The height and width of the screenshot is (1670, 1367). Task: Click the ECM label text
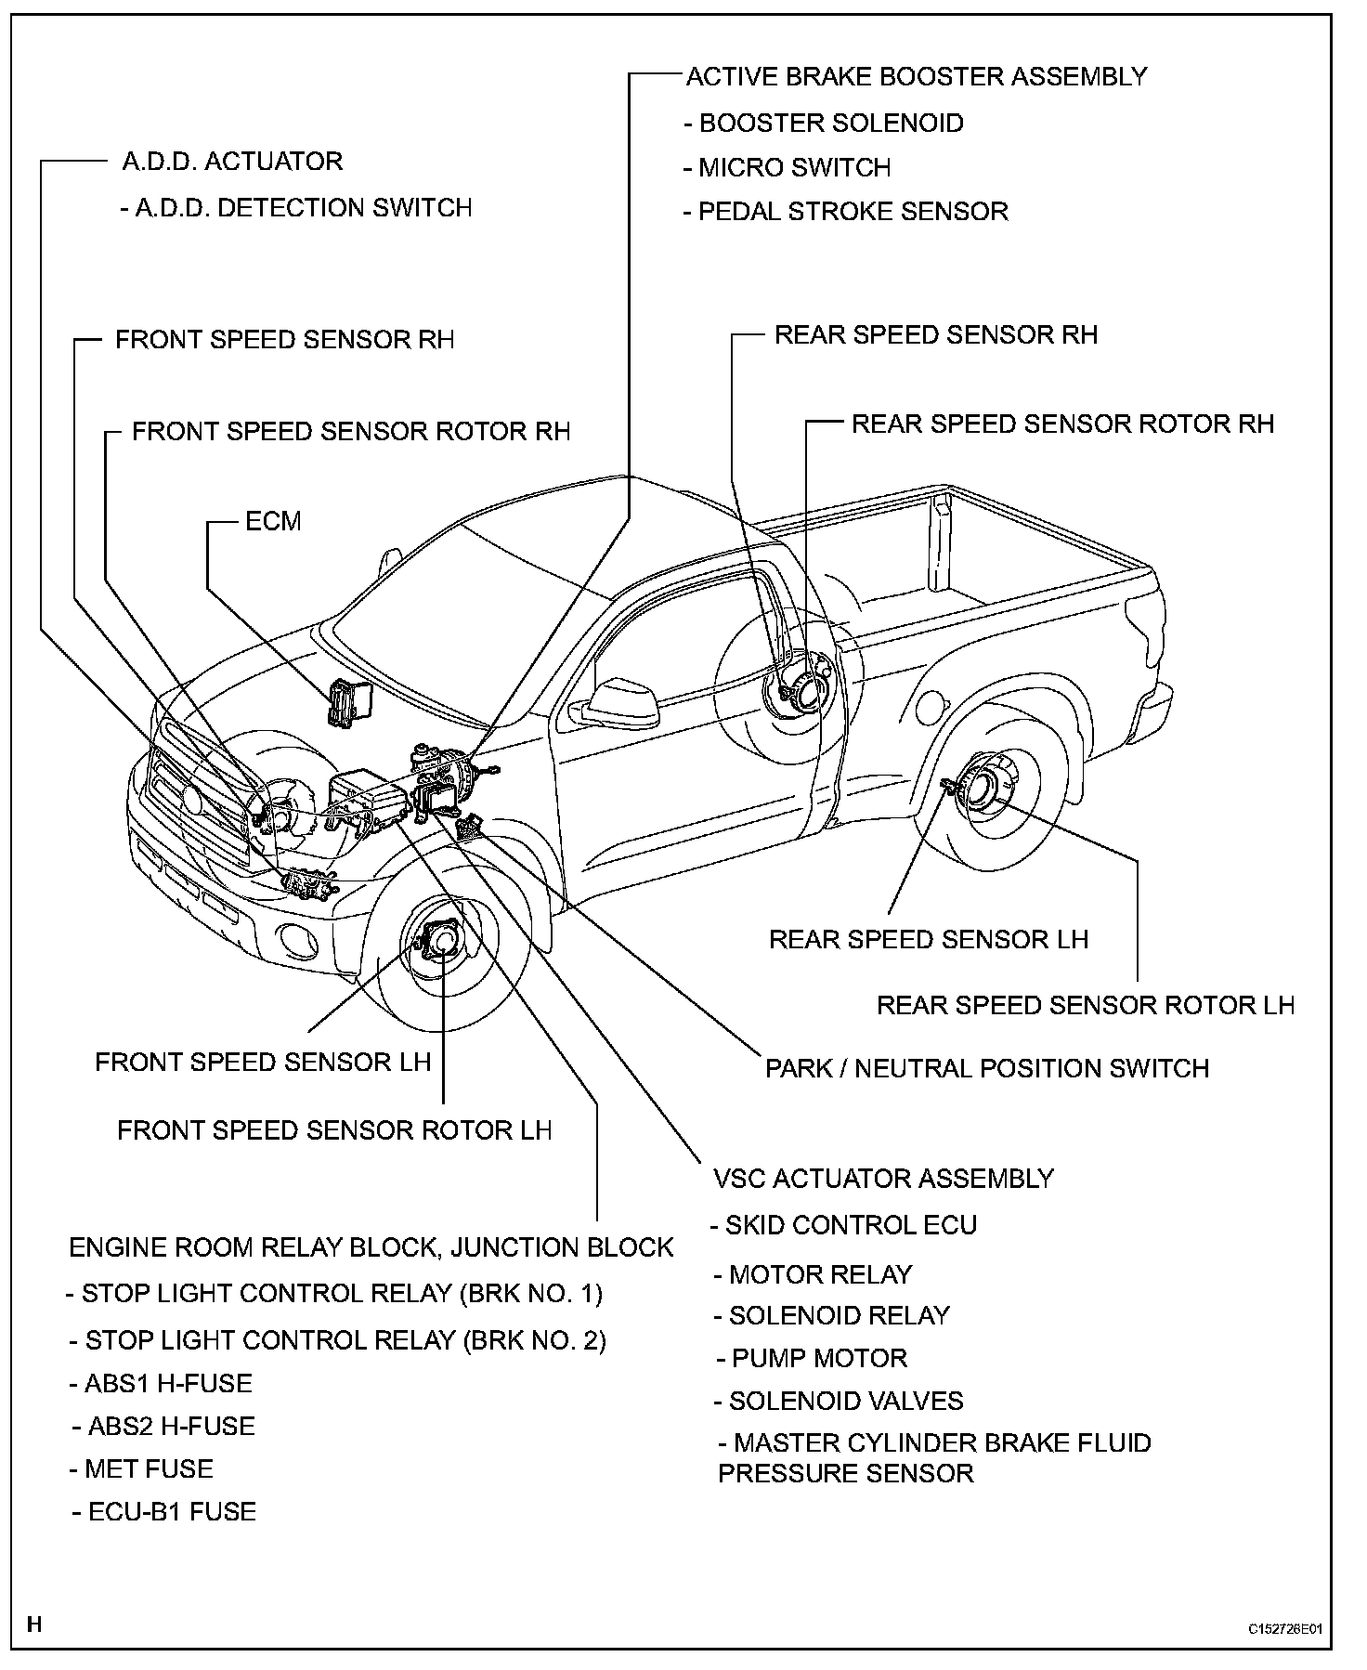pos(273,521)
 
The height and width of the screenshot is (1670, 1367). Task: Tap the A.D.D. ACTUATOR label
pos(232,162)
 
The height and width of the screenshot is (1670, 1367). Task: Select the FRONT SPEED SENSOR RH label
pos(284,339)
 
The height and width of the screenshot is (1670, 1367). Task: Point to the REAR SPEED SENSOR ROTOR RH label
pos(1062,424)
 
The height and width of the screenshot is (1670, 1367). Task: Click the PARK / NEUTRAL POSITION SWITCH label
pos(986,1068)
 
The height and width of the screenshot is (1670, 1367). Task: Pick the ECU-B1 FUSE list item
pos(164,1511)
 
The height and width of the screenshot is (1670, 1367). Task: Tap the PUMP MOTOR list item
pos(812,1358)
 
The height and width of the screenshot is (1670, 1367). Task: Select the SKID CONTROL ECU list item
pos(844,1225)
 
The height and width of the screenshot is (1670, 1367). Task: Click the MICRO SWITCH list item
pos(788,167)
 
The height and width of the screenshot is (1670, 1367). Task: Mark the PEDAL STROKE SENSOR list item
pos(846,211)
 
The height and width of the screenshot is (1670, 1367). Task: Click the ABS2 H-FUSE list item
pos(163,1426)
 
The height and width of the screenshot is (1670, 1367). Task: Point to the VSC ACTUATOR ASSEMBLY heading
pos(883,1179)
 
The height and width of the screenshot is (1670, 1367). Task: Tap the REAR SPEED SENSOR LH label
pos(928,939)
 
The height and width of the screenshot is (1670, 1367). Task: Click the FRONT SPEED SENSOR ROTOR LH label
pos(334,1130)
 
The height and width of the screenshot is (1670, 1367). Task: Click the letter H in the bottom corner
pos(34,1624)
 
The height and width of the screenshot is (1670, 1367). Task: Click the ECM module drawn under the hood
pos(346,700)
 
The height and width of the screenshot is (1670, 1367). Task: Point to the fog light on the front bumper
pos(302,942)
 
